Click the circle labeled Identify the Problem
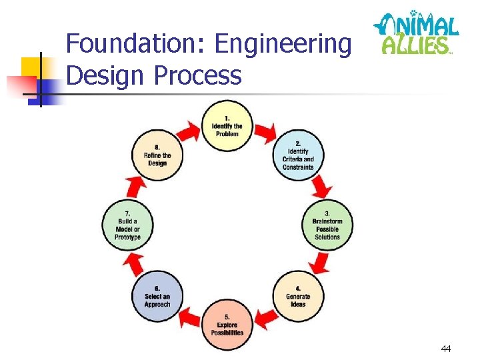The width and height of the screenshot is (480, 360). pyautogui.click(x=227, y=126)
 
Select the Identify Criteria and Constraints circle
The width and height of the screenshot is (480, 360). pyautogui.click(x=298, y=155)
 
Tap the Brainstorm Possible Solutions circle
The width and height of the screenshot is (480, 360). pyautogui.click(x=327, y=225)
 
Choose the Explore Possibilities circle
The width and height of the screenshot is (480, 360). pyautogui.click(x=227, y=325)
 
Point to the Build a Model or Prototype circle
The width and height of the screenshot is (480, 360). pyautogui.click(x=128, y=225)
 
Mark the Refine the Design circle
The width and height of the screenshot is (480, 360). pyautogui.click(x=157, y=155)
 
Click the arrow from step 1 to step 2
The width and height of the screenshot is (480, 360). pyautogui.click(x=266, y=132)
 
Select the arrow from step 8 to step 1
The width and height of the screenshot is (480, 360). pyautogui.click(x=189, y=132)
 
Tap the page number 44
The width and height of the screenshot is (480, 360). pyautogui.click(x=445, y=349)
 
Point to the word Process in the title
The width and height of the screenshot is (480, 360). pyautogui.click(x=197, y=76)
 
